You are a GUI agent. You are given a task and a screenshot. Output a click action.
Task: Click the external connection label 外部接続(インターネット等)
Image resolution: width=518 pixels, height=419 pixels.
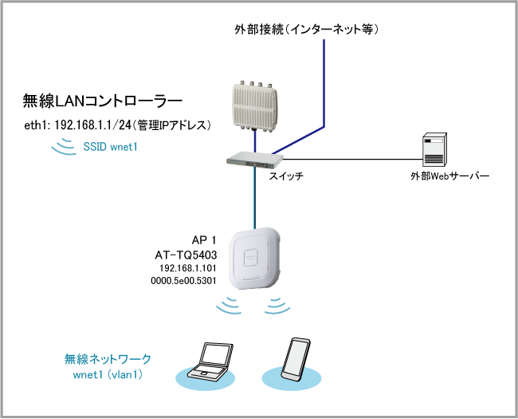pyautogui.click(x=306, y=30)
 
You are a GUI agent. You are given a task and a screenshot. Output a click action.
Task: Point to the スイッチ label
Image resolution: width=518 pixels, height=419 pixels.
pyautogui.click(x=286, y=174)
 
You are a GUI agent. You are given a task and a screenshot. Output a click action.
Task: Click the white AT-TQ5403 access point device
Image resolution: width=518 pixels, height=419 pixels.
pyautogui.click(x=256, y=260)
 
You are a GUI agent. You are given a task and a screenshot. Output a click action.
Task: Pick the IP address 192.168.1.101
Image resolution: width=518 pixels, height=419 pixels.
pyautogui.click(x=188, y=269)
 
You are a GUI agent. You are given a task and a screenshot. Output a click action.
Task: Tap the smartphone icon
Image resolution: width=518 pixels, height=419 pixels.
pyautogui.click(x=295, y=358)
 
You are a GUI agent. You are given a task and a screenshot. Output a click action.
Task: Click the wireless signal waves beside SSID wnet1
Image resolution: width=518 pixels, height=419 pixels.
pyautogui.click(x=61, y=147)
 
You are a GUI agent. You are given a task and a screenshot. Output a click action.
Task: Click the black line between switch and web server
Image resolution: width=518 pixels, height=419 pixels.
pyautogui.click(x=351, y=158)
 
